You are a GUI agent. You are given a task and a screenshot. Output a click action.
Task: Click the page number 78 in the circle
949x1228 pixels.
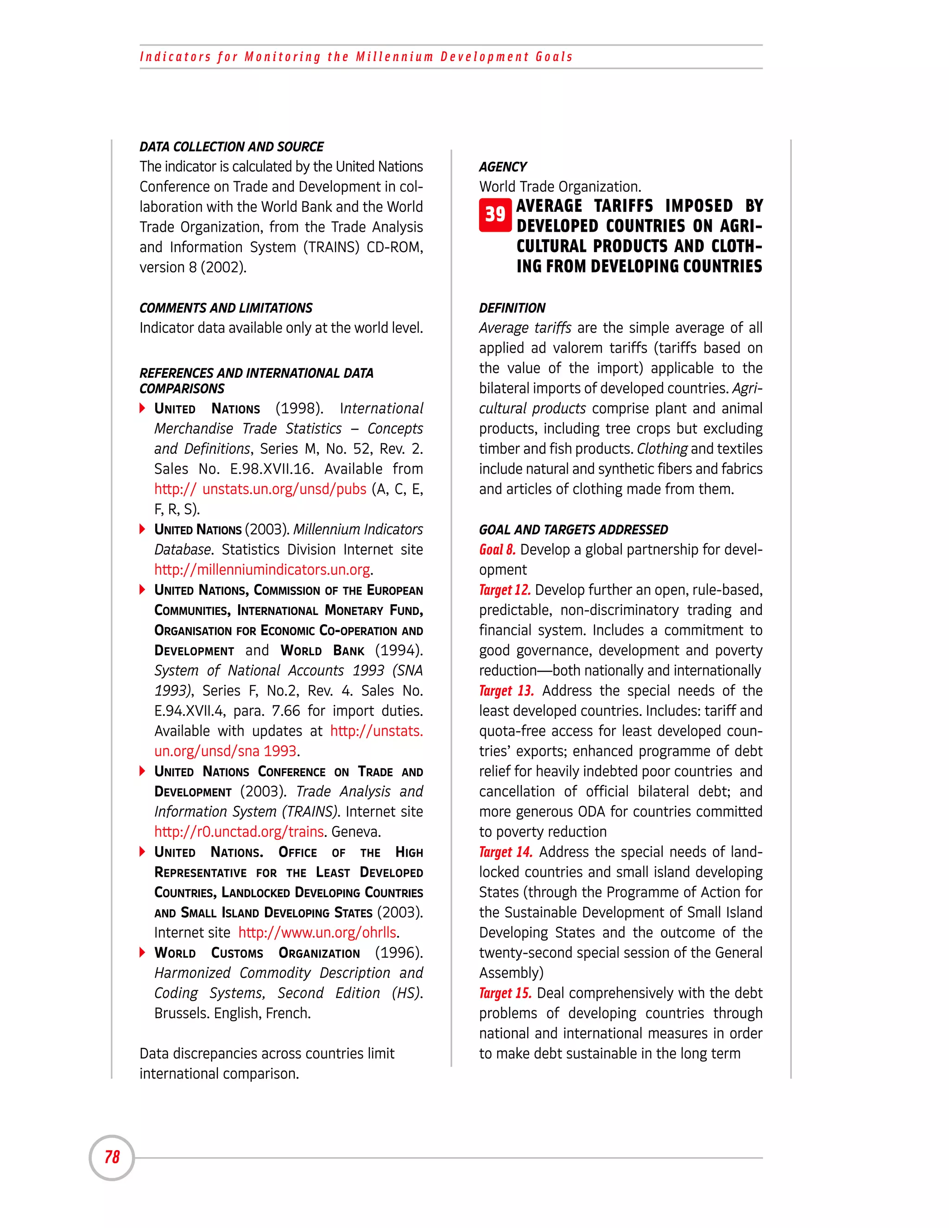[112, 1157]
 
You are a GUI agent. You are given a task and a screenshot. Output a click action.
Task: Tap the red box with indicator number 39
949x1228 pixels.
[495, 215]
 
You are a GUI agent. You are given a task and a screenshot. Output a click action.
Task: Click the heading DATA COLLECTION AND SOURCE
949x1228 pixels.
[231, 147]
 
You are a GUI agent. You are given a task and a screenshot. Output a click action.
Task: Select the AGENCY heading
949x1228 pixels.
[503, 167]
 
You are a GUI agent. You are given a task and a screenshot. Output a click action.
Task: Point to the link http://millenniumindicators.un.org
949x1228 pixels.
[262, 570]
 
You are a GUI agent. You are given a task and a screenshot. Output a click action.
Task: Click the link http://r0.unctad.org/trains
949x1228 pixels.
[239, 832]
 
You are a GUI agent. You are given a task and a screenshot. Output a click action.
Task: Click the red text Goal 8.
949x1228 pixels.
[497, 549]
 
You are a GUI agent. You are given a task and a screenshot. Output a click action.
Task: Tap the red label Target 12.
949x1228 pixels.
[504, 590]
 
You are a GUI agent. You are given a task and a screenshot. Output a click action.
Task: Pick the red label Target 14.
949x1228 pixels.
[506, 852]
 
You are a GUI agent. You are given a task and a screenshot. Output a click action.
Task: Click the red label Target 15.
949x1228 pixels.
[505, 993]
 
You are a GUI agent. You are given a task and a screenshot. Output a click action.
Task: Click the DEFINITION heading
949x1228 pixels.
[512, 308]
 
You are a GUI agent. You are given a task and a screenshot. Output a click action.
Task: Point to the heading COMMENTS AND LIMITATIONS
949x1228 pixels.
[226, 308]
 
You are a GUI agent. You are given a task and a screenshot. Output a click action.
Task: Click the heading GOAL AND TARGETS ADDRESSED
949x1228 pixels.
[573, 530]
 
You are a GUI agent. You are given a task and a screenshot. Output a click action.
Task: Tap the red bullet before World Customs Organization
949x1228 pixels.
[142, 952]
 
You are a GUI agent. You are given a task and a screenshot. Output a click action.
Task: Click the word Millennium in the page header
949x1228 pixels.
[394, 57]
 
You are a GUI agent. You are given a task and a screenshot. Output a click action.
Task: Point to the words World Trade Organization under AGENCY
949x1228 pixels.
[559, 187]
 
